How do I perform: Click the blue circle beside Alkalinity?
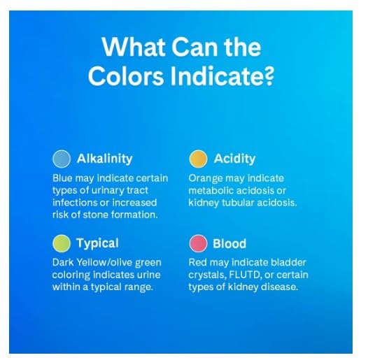[62, 159]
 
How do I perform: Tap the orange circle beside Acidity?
[198, 159]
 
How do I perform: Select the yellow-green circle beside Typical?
[62, 243]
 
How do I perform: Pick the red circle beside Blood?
[198, 243]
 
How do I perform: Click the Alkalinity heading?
[105, 159]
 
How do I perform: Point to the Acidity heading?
[234, 159]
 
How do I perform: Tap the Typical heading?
[97, 243]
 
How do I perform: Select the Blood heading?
[229, 243]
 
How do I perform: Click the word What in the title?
[134, 46]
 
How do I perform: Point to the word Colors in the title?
[125, 76]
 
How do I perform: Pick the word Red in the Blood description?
[197, 262]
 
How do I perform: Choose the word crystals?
[208, 275]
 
